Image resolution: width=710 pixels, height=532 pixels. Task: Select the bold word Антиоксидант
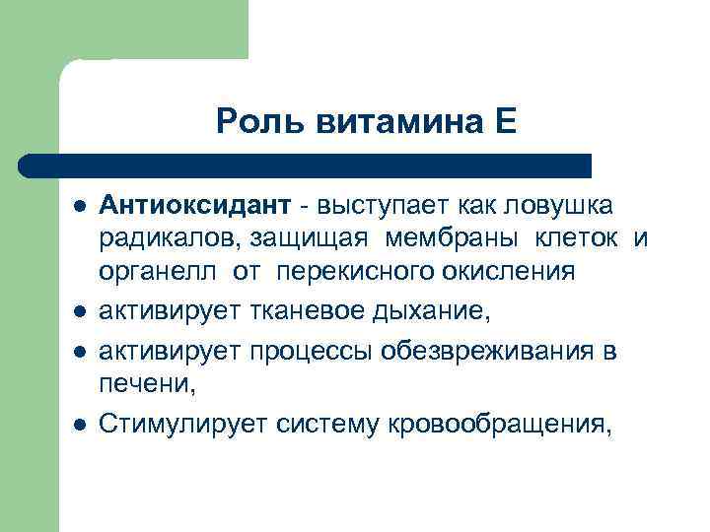pyautogui.click(x=194, y=206)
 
